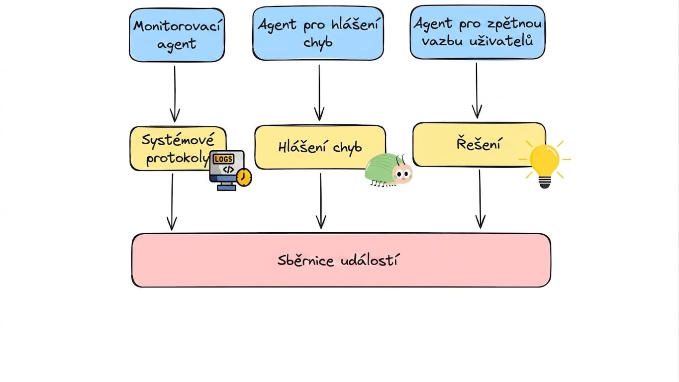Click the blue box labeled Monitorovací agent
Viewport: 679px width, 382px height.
point(177,35)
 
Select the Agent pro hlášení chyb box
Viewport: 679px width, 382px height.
point(318,33)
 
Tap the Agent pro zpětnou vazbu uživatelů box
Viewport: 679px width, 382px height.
point(478,32)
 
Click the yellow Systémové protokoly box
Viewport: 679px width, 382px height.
point(178,149)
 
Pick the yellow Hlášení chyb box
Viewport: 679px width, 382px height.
point(320,147)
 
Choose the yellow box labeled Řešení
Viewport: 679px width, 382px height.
point(479,145)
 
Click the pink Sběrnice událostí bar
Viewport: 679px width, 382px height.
point(341,260)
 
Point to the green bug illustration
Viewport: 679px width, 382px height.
point(389,170)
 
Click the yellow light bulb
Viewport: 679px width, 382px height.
point(545,165)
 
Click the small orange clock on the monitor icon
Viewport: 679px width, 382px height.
point(244,178)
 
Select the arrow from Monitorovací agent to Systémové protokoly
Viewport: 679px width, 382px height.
point(175,94)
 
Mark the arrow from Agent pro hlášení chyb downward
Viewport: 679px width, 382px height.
point(319,93)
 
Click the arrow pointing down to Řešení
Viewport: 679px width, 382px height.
point(477,91)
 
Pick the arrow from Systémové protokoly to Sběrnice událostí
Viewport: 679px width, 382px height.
point(172,202)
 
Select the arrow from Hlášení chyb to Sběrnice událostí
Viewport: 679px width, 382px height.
point(321,201)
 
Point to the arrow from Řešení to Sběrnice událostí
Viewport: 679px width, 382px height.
point(480,199)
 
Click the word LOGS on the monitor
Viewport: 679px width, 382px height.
point(223,159)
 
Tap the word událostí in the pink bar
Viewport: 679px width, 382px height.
point(369,261)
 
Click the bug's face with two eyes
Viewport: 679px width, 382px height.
point(402,174)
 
